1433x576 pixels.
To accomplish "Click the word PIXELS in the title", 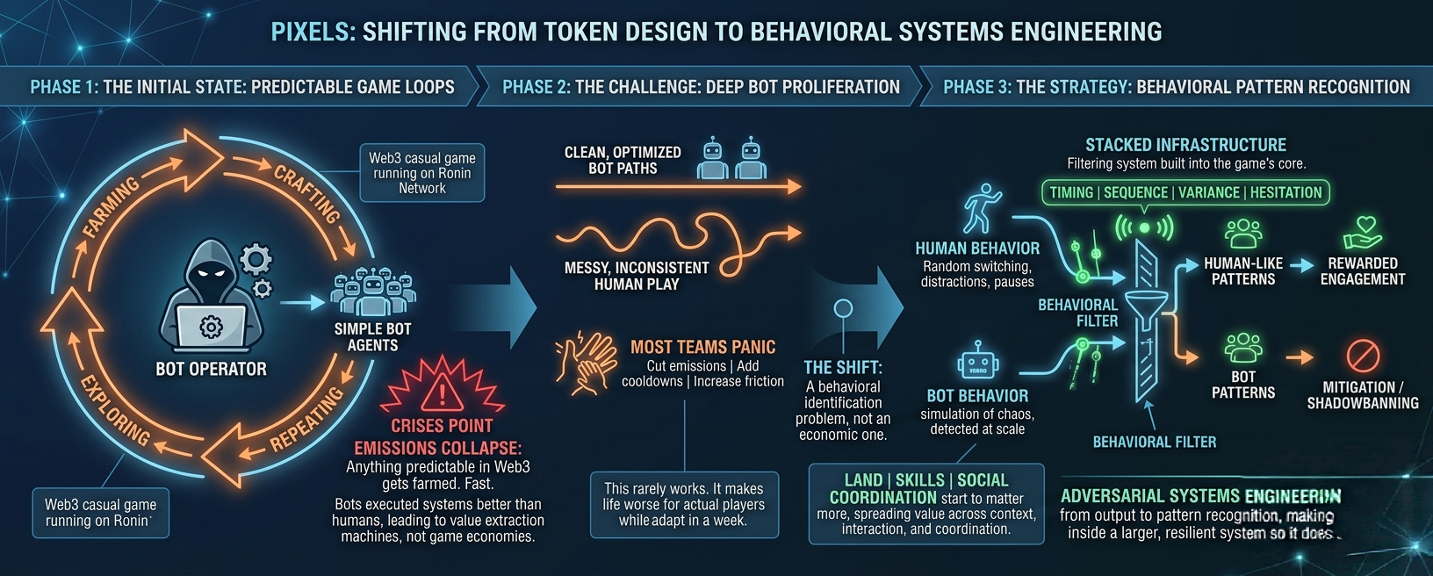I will click(x=312, y=32).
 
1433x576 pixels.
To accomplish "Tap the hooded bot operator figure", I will click(x=211, y=299).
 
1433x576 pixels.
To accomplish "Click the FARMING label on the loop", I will click(x=112, y=207).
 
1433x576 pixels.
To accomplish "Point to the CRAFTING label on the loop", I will click(x=306, y=193).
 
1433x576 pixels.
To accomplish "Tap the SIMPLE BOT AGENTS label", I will click(x=372, y=337).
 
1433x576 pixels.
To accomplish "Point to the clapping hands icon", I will click(x=587, y=362).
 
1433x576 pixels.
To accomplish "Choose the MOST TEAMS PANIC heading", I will click(x=702, y=347).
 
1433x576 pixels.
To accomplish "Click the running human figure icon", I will click(x=982, y=208).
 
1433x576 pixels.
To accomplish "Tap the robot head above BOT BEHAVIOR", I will click(x=977, y=364).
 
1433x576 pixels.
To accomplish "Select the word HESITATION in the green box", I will click(x=1285, y=192).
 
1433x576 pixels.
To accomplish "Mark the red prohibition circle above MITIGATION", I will click(x=1363, y=356).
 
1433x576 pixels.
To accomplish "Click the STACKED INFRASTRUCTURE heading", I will click(x=1185, y=145).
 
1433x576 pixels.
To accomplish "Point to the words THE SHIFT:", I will click(x=843, y=368).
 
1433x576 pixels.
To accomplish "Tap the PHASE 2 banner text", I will click(x=701, y=87).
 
